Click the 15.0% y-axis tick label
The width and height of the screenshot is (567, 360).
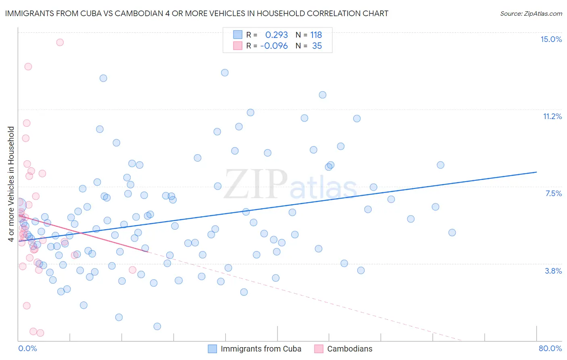[551, 39]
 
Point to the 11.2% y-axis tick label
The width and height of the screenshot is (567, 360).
[552, 116]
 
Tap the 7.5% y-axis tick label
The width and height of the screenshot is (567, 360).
[553, 193]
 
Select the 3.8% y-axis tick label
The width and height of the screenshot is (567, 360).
[553, 271]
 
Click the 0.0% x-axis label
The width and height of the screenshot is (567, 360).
[27, 348]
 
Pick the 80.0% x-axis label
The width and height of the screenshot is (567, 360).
[550, 348]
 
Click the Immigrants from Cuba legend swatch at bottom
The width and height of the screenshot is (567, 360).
[213, 349]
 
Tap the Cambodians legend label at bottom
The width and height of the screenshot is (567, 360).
[350, 349]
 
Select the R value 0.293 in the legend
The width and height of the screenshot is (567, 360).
[276, 35]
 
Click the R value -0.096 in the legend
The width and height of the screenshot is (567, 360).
[274, 46]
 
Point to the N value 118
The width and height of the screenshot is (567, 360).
[316, 35]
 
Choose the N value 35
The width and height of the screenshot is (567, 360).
[317, 46]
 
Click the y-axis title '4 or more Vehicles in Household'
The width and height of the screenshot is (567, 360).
[11, 184]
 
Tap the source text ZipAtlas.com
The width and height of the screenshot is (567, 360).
[531, 13]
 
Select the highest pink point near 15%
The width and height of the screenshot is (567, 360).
[60, 42]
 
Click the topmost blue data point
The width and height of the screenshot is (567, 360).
[225, 73]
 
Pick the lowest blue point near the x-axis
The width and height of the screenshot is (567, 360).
[157, 326]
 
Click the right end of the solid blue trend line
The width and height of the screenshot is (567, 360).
[536, 172]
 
